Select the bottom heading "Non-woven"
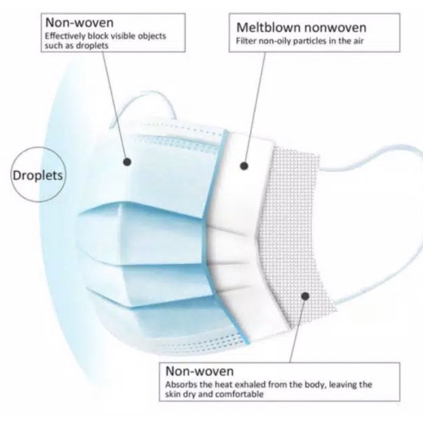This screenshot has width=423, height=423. (x=200, y=371)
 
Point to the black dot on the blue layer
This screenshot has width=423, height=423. (x=128, y=162)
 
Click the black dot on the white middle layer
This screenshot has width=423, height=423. (x=244, y=166)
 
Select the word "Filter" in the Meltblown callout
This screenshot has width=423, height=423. (x=245, y=41)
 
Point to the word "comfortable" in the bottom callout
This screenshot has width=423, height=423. (x=239, y=394)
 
